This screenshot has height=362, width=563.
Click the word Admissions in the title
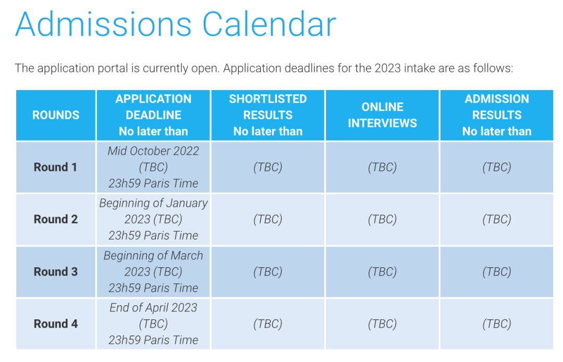point(103,24)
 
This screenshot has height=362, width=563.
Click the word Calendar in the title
point(270,24)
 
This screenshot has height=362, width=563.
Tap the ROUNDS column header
point(56,115)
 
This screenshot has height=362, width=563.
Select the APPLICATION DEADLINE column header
point(153,115)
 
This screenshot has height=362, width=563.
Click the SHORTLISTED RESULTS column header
point(268,115)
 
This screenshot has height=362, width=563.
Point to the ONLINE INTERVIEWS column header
point(383,115)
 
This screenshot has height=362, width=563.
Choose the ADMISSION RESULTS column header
point(497,115)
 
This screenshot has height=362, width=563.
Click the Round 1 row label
point(55,167)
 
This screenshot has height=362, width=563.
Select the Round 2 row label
point(56,219)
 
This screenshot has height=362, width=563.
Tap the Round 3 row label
point(56,271)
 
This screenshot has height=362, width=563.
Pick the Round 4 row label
point(56,323)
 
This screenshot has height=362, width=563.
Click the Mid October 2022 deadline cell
point(153,167)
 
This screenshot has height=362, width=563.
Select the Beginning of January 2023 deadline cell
point(153,219)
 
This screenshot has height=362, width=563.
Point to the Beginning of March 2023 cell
point(153,271)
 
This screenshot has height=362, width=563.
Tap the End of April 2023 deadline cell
point(153,323)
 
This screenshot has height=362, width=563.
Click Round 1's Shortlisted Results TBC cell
point(268,167)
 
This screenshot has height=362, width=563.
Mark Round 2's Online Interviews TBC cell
point(383,219)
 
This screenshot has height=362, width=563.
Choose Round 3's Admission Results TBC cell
point(497,271)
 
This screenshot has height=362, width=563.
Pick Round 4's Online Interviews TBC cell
point(383,323)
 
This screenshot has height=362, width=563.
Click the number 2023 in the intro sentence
point(387,68)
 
